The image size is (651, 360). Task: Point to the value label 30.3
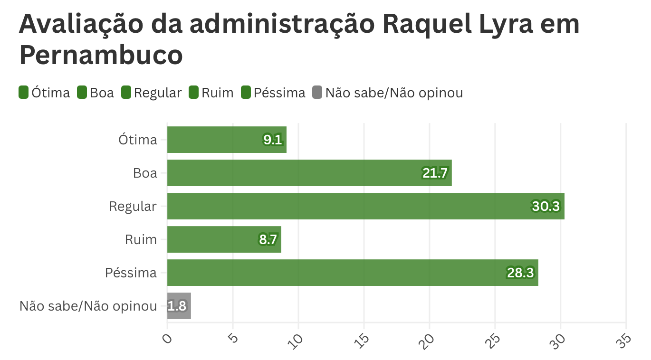tap(546, 206)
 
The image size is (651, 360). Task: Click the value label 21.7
tap(435, 173)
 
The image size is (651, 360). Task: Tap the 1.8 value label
tap(177, 306)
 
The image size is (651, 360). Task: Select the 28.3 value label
tap(520, 273)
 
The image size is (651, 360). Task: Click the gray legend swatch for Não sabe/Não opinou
tap(317, 92)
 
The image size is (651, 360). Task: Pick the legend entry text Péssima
tap(279, 93)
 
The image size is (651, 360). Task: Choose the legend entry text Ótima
tap(51, 93)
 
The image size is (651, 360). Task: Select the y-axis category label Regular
tap(133, 207)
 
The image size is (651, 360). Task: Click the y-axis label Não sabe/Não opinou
tap(88, 306)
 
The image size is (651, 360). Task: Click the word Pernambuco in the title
tap(101, 56)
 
